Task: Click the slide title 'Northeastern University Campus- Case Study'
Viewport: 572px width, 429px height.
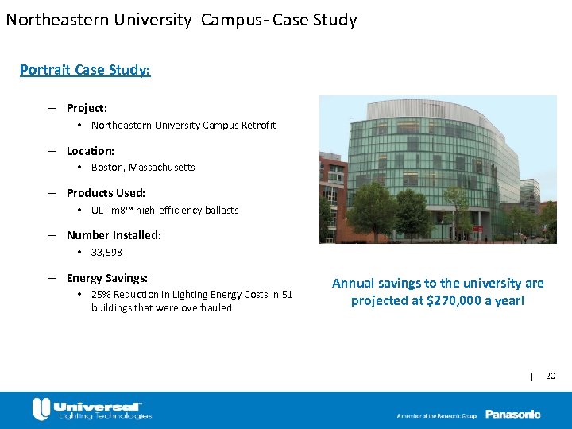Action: click(x=181, y=19)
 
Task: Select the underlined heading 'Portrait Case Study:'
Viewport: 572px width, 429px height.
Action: click(x=85, y=70)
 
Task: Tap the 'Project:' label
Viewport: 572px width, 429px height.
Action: click(x=87, y=108)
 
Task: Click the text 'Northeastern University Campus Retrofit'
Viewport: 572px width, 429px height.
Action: click(x=184, y=126)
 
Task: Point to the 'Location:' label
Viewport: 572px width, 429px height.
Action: click(x=90, y=151)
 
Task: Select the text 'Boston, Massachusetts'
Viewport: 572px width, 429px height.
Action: click(x=143, y=168)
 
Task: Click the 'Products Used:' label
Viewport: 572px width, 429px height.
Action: click(x=106, y=193)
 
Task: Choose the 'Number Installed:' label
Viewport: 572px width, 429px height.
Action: click(x=114, y=235)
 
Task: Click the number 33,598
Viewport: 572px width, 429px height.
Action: click(x=106, y=253)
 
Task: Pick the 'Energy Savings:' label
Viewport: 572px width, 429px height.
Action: click(x=107, y=278)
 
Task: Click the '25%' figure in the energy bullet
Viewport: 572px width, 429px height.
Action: click(x=101, y=295)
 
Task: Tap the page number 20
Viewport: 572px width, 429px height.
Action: click(x=551, y=375)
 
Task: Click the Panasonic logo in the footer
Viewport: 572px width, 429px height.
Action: click(x=512, y=414)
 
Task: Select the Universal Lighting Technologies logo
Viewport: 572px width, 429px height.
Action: click(x=91, y=410)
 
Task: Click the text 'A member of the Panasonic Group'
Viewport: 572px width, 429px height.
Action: click(x=436, y=415)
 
